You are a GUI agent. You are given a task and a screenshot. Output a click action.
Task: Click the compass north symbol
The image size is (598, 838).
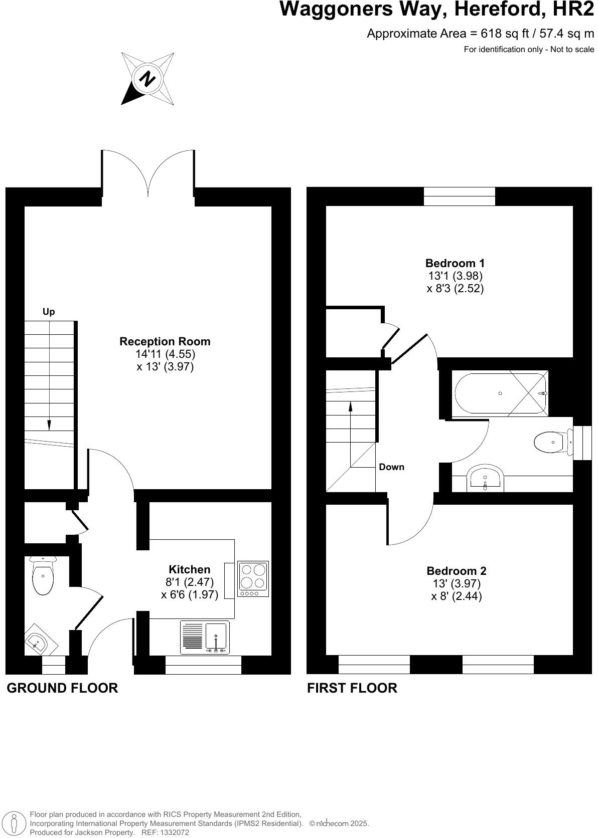point(147,79)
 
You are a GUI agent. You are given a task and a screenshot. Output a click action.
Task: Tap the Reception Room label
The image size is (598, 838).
point(165,341)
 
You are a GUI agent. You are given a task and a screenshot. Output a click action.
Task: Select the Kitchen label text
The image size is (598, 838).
point(189,569)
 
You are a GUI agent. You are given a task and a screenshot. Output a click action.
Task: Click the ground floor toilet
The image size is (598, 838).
point(43,576)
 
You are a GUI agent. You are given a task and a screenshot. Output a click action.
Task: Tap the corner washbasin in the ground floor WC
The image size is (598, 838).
point(38,641)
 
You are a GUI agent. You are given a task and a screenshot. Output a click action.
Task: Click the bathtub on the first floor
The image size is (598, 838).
point(500,393)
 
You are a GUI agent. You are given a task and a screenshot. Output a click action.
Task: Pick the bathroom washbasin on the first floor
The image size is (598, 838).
point(485,478)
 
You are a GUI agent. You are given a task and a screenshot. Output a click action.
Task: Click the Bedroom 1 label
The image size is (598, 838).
point(455,263)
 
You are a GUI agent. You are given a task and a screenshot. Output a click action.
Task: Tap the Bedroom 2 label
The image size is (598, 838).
point(456,571)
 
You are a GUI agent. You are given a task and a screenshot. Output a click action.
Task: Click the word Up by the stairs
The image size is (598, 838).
point(49,312)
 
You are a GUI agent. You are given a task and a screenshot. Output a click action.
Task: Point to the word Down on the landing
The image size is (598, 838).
point(391,467)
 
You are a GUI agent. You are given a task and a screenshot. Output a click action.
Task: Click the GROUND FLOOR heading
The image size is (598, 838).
point(62,688)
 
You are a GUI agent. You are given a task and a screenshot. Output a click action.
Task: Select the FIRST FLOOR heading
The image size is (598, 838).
point(352,688)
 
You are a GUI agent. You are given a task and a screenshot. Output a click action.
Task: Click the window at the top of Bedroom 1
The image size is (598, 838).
point(459,196)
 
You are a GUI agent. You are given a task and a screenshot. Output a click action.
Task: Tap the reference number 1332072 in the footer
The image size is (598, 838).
point(173,832)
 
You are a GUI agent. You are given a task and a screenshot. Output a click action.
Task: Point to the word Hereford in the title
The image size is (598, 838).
point(463,9)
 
